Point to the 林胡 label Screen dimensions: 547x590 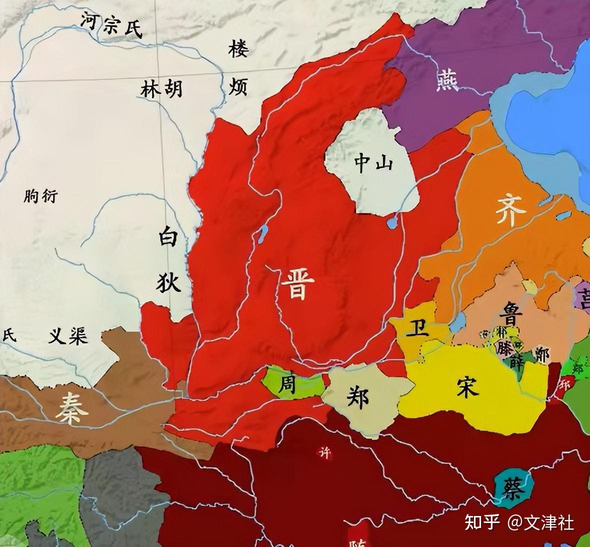[161, 89]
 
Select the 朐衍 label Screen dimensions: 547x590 [40, 196]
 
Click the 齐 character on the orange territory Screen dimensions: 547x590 [511, 211]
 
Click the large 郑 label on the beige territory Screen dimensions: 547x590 [356, 398]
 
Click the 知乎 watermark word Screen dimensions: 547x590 [482, 522]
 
